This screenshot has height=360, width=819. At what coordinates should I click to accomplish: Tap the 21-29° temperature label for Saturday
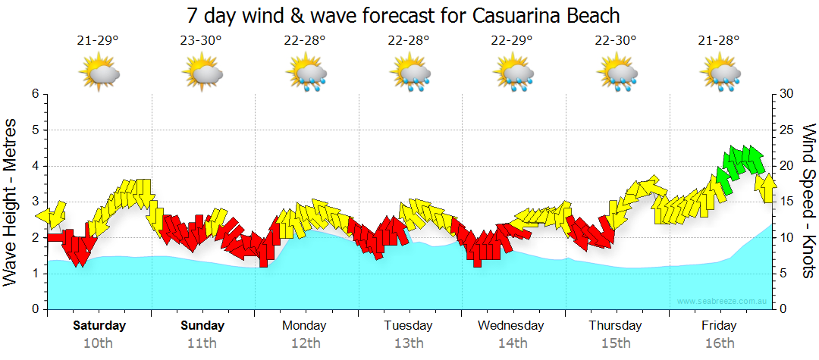tap(98, 40)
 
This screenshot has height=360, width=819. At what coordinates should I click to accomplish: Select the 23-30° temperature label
tap(202, 40)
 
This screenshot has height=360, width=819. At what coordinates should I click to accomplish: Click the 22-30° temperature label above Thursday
tap(616, 40)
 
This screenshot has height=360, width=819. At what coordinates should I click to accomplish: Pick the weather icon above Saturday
tap(99, 74)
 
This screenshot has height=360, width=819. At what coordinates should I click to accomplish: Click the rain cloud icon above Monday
tap(306, 74)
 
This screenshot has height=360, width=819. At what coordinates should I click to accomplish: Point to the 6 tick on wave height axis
tap(34, 94)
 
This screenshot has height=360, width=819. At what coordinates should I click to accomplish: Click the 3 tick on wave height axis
tap(34, 202)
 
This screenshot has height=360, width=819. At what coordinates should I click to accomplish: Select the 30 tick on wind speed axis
tap(786, 94)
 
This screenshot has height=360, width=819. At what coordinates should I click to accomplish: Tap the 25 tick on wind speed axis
tap(786, 130)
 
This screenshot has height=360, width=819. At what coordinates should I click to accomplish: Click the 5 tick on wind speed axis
tap(783, 274)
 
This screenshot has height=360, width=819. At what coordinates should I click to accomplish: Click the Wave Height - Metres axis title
tap(12, 202)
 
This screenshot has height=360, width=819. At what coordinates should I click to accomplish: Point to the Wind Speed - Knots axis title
tap(808, 202)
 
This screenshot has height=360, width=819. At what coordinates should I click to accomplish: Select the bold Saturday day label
tap(99, 326)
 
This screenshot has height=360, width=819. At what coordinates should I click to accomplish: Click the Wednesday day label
tap(511, 326)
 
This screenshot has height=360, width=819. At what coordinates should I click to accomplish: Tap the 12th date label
tap(305, 343)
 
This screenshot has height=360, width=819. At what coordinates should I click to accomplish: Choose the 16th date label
tap(719, 343)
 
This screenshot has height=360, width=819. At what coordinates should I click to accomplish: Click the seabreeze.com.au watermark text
tap(723, 302)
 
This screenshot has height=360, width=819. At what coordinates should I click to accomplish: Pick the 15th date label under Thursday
tap(615, 343)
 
